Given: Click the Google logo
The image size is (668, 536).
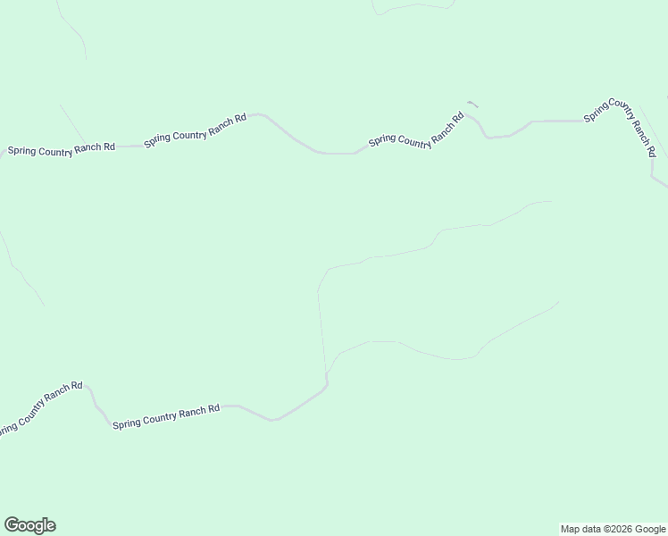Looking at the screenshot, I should [29, 525].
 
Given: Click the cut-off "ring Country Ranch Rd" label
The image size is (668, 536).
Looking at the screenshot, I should [40, 408].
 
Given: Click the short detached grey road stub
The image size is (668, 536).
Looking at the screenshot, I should [472, 104].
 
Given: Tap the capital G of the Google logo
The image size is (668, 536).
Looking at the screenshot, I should [12, 525].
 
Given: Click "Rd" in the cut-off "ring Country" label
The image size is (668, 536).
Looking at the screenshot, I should [77, 387].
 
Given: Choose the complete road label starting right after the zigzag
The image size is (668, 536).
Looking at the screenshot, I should [166, 415].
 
